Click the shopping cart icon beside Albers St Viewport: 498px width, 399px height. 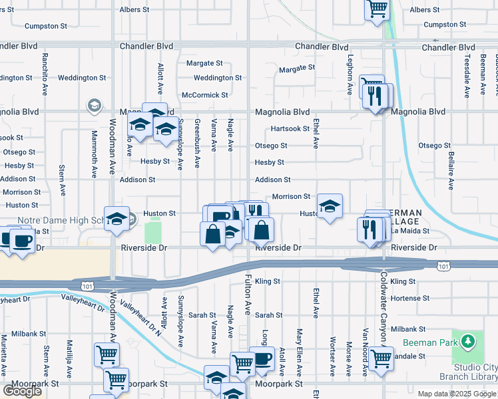[377, 9]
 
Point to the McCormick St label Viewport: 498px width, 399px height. [205, 95]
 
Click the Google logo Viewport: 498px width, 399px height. [22, 391]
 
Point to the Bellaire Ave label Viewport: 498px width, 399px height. [451, 171]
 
